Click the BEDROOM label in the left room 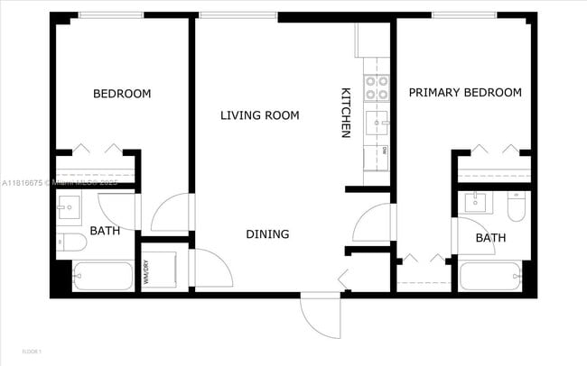122,94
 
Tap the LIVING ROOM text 260,115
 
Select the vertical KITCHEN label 345,113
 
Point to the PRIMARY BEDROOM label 465,93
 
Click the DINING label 267,234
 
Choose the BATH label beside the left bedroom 104,232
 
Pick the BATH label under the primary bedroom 490,238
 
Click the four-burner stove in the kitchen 376,87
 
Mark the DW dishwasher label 384,150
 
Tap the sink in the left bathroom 68,210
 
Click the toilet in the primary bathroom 517,208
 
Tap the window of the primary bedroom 462,15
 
